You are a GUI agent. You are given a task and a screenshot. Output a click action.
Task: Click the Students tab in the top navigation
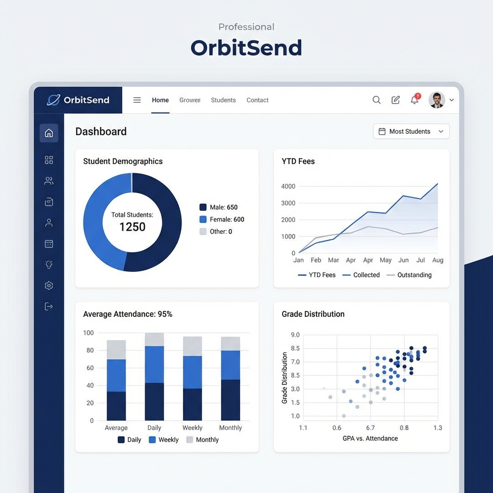coord(223,100)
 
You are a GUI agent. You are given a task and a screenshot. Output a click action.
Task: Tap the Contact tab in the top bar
coord(258,100)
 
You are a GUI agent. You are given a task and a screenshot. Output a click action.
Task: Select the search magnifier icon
coord(376,100)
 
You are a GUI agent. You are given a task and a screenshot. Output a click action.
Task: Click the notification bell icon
coord(414,100)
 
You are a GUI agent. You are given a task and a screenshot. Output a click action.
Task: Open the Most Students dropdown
coord(411,131)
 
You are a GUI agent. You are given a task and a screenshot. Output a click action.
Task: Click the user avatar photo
coord(437,100)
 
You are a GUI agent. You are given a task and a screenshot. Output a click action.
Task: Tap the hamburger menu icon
coord(137,100)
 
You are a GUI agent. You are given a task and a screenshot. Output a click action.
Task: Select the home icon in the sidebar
coord(49,133)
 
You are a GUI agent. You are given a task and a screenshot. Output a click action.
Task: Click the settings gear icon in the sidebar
coord(49,285)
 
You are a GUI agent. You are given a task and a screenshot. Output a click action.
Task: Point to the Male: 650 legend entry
coord(219,208)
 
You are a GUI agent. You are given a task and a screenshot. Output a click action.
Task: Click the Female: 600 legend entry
coord(222,220)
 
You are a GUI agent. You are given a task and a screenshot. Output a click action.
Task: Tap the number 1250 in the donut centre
coord(132,227)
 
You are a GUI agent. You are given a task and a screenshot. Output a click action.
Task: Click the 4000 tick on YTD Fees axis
coord(288,186)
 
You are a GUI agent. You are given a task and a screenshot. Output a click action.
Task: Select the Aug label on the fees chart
coord(438,260)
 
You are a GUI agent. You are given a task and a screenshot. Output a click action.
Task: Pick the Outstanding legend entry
coord(409,275)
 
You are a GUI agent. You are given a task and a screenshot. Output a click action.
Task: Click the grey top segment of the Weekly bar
coord(192,346)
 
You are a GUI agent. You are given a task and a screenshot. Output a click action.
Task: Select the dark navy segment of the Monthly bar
coord(230,400)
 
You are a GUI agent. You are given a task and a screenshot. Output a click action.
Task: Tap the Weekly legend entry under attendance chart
coord(164,440)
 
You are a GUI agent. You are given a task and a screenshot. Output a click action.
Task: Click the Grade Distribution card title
coord(313,314)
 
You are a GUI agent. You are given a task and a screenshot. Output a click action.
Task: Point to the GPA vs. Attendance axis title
coord(370,439)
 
